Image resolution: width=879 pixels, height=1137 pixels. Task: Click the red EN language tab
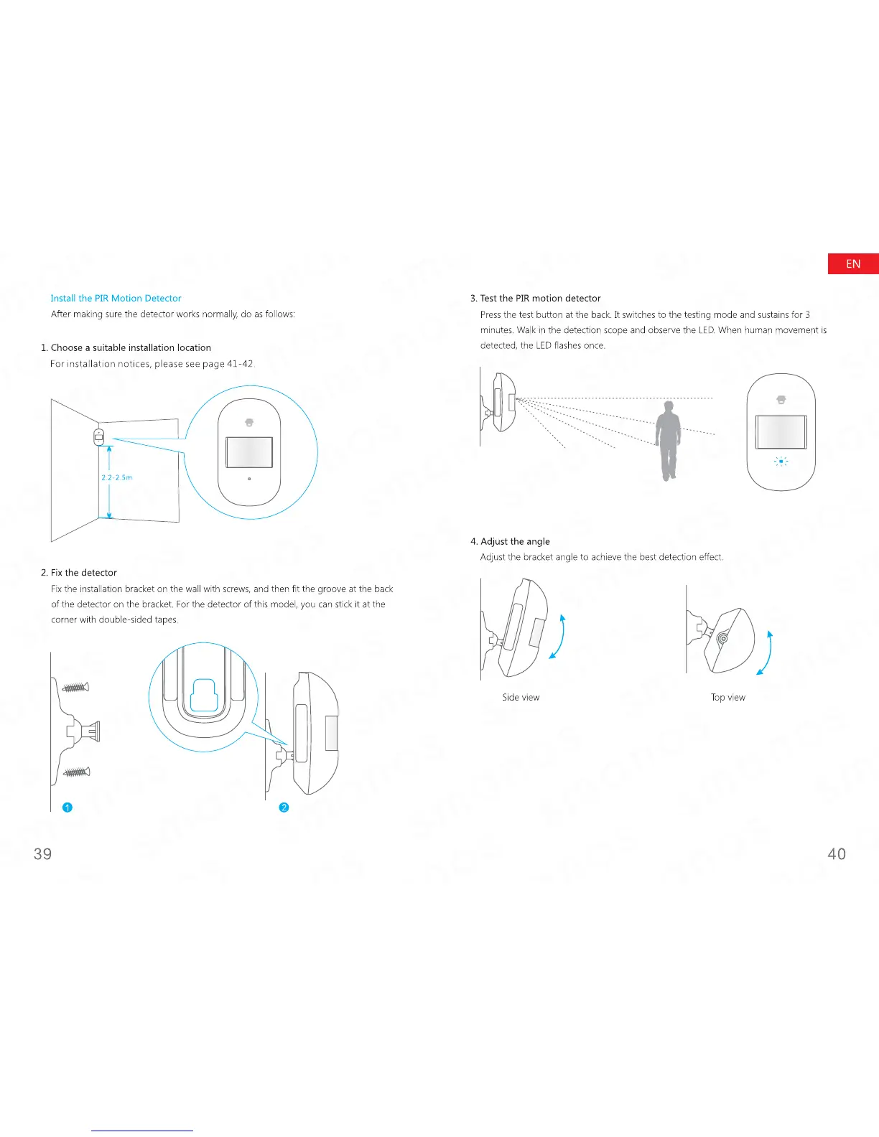(853, 264)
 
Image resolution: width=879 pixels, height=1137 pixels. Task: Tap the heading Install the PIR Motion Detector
(116, 298)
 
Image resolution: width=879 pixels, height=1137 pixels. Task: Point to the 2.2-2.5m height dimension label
(116, 477)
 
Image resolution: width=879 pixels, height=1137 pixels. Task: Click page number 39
(43, 853)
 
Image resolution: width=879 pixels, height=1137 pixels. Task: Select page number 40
(837, 853)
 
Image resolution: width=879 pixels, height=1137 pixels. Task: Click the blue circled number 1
(68, 808)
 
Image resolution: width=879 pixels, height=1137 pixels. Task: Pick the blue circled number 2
(284, 808)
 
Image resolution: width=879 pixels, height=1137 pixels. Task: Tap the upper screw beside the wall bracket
(75, 688)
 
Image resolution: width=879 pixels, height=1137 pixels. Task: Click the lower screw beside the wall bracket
(75, 772)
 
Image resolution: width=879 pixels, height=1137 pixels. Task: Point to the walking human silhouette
(668, 439)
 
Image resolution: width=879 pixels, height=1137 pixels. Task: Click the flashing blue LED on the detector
(781, 462)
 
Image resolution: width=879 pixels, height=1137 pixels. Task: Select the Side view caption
(521, 697)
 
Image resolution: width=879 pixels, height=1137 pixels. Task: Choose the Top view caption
(728, 697)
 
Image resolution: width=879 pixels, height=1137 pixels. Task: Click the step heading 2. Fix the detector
(79, 572)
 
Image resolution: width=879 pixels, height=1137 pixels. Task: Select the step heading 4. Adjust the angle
(510, 541)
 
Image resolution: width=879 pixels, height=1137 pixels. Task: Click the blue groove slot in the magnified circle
(205, 695)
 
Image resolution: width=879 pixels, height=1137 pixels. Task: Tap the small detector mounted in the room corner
(99, 436)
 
